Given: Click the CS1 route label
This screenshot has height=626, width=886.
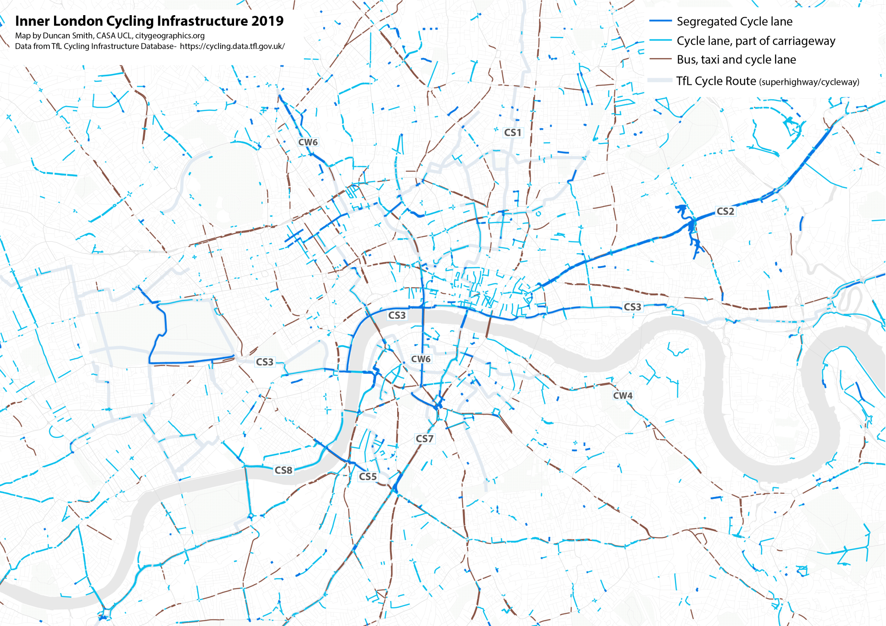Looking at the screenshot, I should (x=513, y=132).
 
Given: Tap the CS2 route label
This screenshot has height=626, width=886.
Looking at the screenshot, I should (x=725, y=211).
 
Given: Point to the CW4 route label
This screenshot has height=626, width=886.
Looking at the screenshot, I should (x=623, y=395).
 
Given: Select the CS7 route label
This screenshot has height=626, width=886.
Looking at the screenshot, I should (x=424, y=439).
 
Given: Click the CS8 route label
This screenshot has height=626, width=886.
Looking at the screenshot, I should (x=283, y=470).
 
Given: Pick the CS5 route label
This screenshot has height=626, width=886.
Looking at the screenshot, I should (x=368, y=476).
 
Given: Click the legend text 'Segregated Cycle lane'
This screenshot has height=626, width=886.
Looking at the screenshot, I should (x=734, y=22).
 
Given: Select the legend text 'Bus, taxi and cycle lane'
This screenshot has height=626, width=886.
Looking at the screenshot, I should (x=736, y=60).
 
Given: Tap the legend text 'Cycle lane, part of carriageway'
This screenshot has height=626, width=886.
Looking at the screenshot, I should (x=756, y=41).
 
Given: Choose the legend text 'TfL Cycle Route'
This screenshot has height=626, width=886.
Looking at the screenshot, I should (x=716, y=81).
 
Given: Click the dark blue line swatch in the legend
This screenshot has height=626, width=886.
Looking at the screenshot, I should (x=660, y=21).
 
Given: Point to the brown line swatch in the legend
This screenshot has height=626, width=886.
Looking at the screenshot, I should (x=660, y=59).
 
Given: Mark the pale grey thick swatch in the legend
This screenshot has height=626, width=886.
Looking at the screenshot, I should (x=660, y=80).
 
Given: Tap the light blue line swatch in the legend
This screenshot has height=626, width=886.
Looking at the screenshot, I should (x=660, y=40).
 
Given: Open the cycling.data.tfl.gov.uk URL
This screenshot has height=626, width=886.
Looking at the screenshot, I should (x=232, y=46).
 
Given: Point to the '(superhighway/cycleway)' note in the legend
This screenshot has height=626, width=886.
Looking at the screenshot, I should (x=809, y=82).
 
